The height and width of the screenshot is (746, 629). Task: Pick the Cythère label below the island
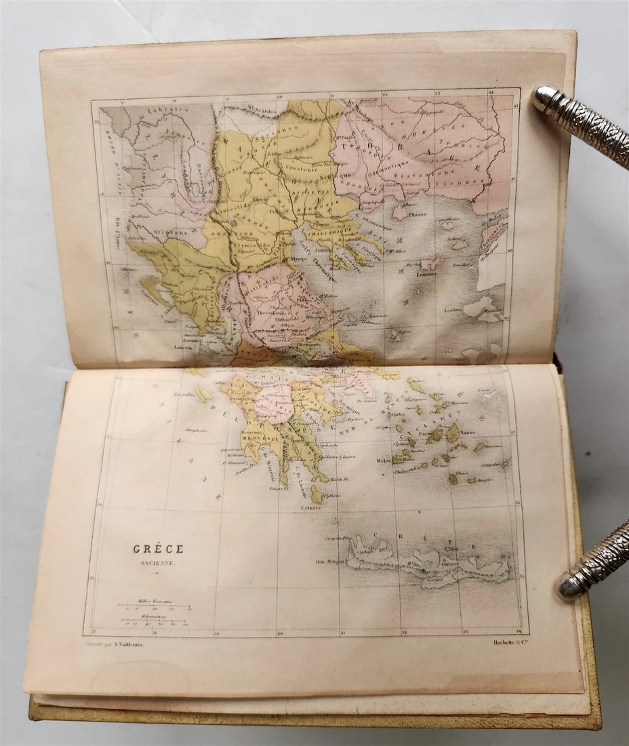point(311,507)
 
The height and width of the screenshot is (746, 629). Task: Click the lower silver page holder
point(593,559)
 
